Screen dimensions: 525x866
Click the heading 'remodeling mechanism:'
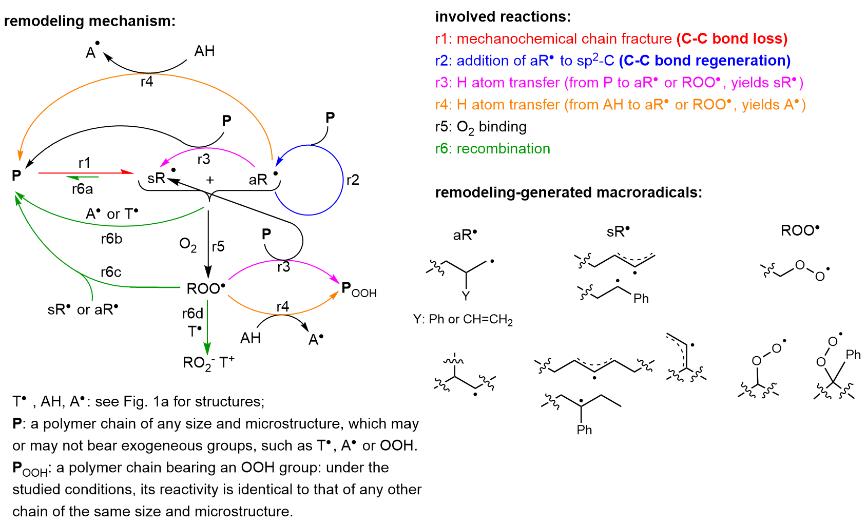(90, 21)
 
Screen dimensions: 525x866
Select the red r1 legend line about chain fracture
(611, 39)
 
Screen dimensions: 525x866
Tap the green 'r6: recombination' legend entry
(492, 149)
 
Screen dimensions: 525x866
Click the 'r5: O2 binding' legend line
(480, 127)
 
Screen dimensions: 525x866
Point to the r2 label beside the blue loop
(353, 180)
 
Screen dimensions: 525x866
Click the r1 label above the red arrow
(84, 163)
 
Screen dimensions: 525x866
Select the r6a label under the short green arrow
(82, 189)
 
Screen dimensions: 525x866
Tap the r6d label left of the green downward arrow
(193, 314)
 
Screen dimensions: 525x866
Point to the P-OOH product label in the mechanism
(359, 290)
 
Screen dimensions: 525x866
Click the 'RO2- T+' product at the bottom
(208, 363)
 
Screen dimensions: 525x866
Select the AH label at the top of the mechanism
(204, 51)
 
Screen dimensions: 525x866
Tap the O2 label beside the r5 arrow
(188, 245)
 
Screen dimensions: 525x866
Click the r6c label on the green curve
(111, 272)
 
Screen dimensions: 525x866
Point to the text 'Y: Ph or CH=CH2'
(463, 320)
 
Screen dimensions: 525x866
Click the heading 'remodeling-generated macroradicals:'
(568, 192)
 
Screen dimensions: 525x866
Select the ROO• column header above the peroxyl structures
(800, 230)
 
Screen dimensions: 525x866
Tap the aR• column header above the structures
(465, 235)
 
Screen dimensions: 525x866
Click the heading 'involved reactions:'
(503, 17)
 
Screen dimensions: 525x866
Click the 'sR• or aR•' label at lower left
(83, 310)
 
